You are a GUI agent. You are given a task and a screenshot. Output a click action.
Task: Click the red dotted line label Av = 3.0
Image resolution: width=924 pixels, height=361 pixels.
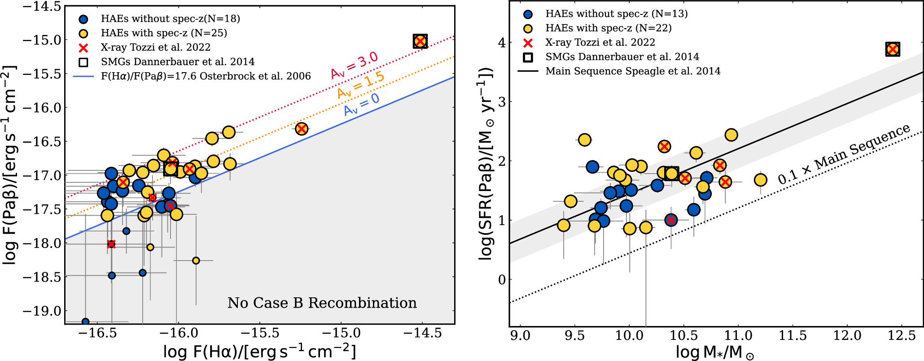coord(355,65)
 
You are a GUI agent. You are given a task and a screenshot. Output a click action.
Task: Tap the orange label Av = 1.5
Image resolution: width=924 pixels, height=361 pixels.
coord(361,85)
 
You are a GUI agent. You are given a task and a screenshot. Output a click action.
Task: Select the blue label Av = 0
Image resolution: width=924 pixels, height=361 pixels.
coord(361,104)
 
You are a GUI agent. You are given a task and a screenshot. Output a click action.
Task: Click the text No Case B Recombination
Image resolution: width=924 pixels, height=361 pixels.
coord(322,303)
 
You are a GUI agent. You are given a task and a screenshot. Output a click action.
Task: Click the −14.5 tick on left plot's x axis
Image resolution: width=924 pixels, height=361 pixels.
coord(422,333)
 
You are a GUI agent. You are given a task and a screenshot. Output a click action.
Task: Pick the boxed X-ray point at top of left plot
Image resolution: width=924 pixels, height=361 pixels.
coord(420,42)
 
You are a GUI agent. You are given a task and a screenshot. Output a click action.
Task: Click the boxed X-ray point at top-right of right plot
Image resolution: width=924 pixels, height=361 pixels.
coord(893,49)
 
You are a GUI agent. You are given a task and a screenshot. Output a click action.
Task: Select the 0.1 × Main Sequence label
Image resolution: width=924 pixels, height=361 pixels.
coord(844,154)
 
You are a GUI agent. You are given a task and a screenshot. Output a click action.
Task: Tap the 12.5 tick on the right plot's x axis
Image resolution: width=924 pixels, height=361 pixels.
coord(902,335)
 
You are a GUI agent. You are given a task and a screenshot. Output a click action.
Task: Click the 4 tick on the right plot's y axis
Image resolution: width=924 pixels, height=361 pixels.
coord(501,43)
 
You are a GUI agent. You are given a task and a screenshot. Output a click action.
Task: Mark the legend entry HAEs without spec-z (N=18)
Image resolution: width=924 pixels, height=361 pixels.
coord(170,19)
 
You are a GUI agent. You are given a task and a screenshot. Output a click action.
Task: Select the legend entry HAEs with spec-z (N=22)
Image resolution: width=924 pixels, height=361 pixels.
coord(608,28)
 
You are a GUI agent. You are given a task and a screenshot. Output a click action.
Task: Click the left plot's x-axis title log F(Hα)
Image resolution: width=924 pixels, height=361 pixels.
coord(259,352)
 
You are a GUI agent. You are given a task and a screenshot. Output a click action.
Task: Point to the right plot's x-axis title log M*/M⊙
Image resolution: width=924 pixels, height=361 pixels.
coord(715,352)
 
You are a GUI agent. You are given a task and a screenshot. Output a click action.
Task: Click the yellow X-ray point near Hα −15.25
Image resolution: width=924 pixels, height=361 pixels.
coord(302,129)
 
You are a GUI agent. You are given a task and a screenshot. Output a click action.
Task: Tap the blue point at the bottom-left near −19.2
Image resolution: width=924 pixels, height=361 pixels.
coord(85,322)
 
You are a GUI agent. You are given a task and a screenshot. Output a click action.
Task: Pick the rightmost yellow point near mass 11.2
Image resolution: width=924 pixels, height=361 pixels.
coord(760,180)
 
